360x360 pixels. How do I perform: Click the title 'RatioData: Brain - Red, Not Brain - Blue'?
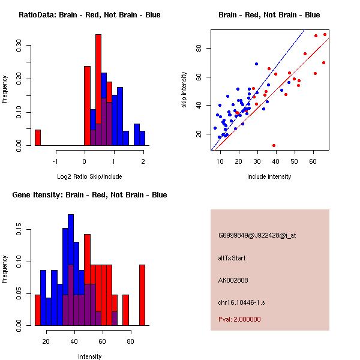89,15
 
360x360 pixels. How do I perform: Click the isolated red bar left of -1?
38,137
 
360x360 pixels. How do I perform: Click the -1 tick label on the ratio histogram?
55,161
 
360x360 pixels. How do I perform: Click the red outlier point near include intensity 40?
274,145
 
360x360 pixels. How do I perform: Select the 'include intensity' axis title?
269,176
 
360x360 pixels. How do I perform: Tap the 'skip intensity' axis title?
185,90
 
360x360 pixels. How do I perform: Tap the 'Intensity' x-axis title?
89,356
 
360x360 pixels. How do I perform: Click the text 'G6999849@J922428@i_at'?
257,235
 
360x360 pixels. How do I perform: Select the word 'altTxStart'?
232,258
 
